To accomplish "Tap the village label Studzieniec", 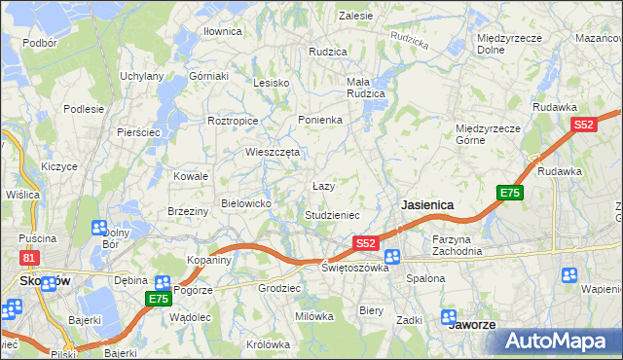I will (333, 214).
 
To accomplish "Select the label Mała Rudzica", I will (366, 88).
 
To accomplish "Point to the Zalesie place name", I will (356, 16).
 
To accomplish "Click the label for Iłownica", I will (222, 31).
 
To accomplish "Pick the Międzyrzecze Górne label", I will (490, 133).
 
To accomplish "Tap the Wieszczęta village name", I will (272, 152).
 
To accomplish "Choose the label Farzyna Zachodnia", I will (458, 244).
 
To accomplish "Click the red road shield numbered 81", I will (30, 257).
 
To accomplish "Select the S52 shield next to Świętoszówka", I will (365, 242).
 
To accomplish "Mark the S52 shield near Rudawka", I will (584, 125).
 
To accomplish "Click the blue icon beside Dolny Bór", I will (98, 229).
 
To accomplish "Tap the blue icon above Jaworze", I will (449, 316).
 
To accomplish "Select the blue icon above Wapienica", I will (568, 275).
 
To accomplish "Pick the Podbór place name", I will (40, 43).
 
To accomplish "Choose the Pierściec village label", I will (137, 131).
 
